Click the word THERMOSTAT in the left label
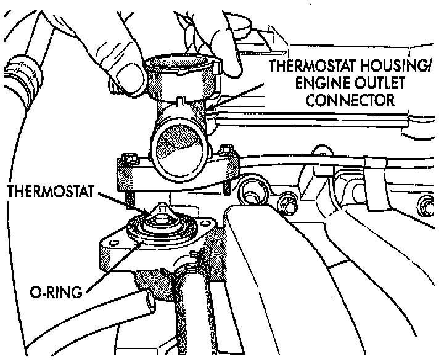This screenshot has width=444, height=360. coord(47,192)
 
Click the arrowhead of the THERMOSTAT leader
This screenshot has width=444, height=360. coord(146,213)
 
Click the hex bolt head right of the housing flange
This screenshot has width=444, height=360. coord(286,203)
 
